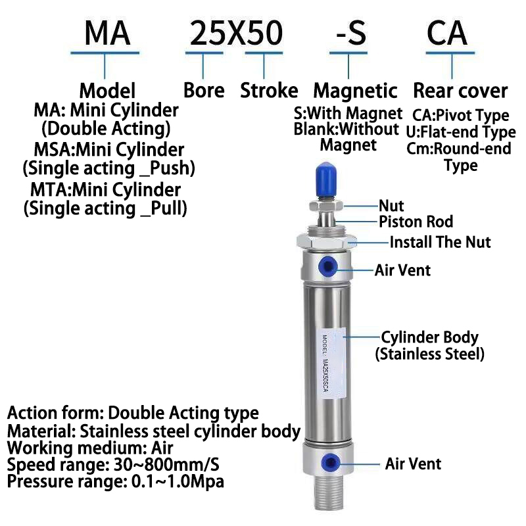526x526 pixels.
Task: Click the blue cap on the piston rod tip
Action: coord(326,180)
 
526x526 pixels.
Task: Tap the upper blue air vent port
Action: coord(327,266)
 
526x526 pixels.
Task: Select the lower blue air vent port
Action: coord(330,462)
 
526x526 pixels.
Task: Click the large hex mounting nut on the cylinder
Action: coord(327,241)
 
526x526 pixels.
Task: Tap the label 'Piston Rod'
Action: coord(416,222)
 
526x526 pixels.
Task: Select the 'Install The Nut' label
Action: coord(440,242)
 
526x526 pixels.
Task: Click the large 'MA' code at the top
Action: coord(107,33)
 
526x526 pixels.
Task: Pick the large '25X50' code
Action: coord(236,33)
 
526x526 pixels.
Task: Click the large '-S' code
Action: coord(351,33)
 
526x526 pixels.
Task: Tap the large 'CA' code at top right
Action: coord(446,33)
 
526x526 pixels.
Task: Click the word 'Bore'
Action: coord(204,90)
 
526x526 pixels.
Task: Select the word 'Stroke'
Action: coord(269,90)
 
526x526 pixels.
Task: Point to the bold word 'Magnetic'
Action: coord(355,91)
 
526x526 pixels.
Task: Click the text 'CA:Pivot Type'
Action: coord(461,116)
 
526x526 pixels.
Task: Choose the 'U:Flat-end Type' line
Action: coord(461,132)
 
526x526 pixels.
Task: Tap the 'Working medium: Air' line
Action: coord(90,448)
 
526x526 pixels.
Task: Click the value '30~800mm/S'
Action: coord(166,465)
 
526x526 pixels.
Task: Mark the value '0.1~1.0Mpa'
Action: coord(178,481)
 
